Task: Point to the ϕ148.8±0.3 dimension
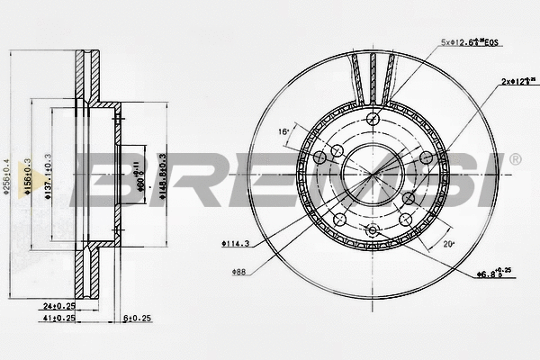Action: point(164,171)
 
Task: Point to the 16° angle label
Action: point(283,131)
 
